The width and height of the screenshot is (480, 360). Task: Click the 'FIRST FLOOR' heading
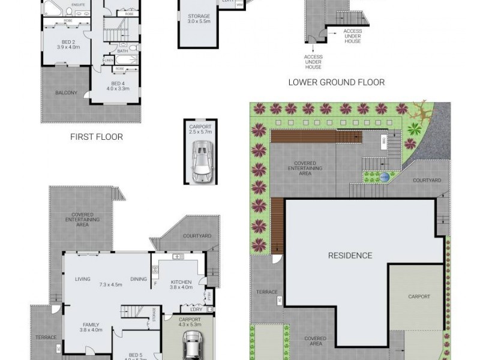[x=96, y=137]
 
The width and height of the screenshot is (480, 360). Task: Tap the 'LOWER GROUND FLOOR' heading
[x=336, y=82]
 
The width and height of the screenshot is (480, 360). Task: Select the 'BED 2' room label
[x=68, y=41]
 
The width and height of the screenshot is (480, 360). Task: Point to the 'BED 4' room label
[x=118, y=83]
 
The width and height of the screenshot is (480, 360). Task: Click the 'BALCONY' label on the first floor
[x=66, y=92]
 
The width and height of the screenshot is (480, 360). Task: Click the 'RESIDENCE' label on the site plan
[x=350, y=255]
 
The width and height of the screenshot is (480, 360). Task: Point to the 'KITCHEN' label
[x=180, y=282]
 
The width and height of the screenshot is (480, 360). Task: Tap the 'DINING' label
[x=139, y=279]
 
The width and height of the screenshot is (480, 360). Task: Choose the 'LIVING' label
[x=82, y=279]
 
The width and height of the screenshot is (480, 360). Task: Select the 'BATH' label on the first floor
[x=123, y=51]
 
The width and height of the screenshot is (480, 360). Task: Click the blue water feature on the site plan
[x=384, y=177]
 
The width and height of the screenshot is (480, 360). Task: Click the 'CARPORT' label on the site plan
[x=419, y=296]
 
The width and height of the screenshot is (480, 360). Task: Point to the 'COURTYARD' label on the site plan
[x=427, y=180]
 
